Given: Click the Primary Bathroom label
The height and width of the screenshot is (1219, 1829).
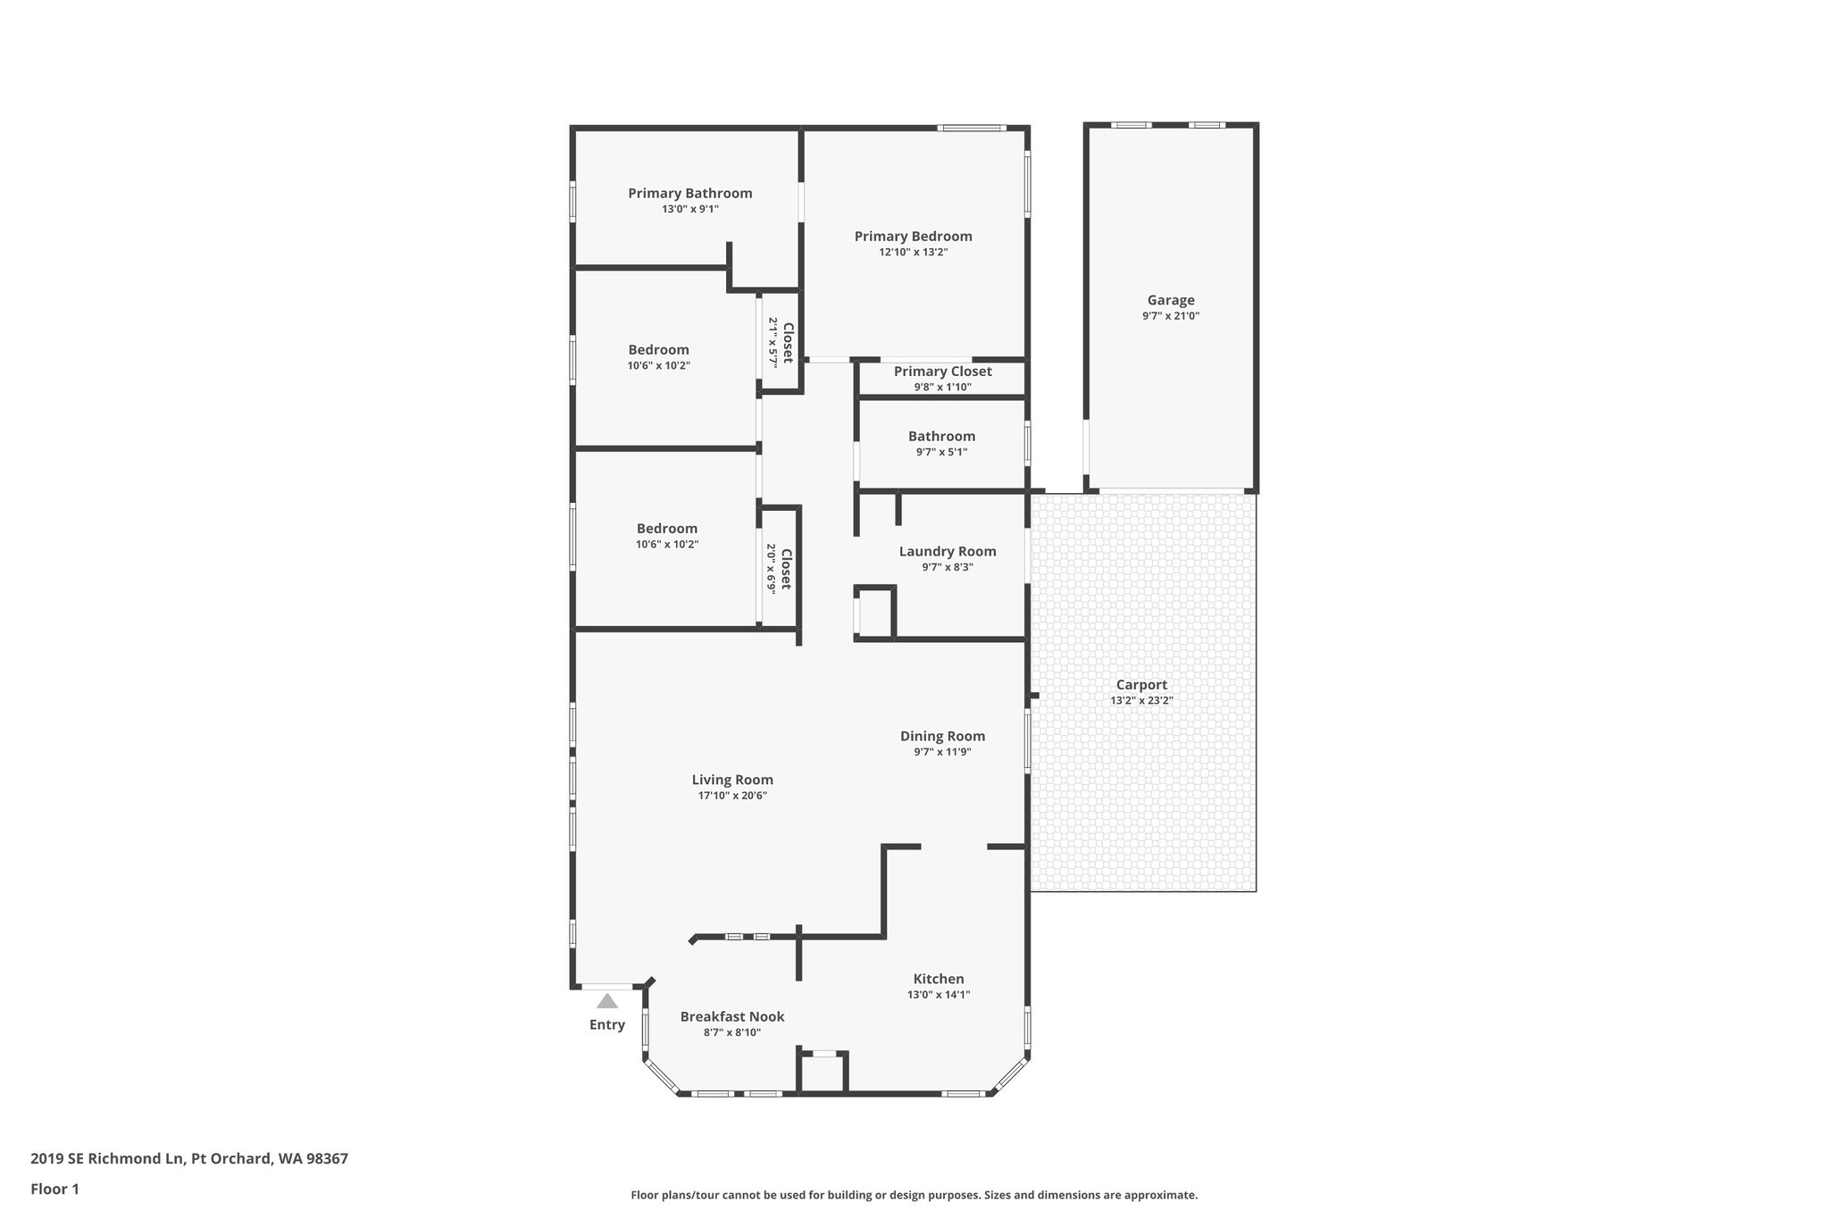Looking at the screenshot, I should [689, 193].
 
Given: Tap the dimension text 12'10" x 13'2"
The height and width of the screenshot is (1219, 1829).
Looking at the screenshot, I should [913, 253].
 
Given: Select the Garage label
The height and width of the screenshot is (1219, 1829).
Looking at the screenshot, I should [1170, 300].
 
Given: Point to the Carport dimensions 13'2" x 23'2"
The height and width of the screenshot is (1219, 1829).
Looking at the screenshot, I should [1141, 701].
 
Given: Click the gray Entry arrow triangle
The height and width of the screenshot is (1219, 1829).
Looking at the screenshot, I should [607, 1001].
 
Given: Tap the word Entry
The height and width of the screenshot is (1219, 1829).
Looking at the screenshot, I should [607, 1024].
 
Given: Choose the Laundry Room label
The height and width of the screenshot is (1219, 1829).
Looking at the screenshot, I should [947, 551].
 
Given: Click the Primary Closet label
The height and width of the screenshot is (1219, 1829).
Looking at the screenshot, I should [942, 372].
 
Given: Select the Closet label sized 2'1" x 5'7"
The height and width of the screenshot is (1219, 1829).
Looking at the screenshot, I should [788, 343].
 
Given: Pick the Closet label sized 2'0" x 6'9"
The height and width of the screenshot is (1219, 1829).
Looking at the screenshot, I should [786, 569].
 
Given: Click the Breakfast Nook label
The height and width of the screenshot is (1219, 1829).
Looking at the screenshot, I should [732, 1016].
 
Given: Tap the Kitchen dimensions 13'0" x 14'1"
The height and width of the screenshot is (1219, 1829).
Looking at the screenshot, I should [939, 995].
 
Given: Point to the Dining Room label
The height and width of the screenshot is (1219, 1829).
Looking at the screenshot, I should [942, 736].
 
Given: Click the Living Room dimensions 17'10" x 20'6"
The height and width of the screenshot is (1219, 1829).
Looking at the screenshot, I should [732, 796].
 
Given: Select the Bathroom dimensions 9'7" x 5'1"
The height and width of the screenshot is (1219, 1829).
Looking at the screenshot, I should [941, 452].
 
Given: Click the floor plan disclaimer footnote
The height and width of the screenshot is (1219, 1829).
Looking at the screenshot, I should [914, 1195].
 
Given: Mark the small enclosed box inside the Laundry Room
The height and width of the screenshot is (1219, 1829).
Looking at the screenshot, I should [875, 614].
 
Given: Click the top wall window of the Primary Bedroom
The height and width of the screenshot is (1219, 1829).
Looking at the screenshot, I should [972, 128].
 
